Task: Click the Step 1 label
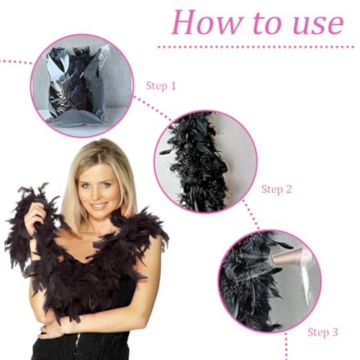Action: coord(161,86)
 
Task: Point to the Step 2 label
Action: coord(276,189)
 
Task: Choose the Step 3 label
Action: coord(323,332)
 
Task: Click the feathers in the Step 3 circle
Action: coord(245,288)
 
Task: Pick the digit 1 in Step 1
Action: coord(173,86)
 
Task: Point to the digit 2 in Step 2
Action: coord(288,189)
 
